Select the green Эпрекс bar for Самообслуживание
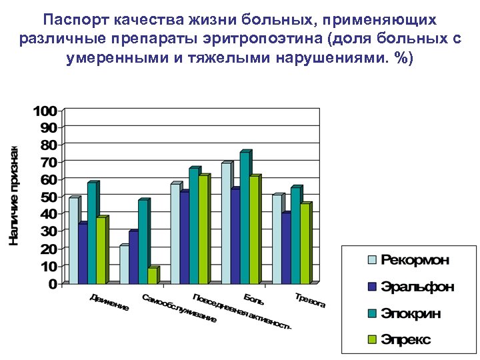pos(152,275)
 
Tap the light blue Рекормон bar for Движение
pos(73,241)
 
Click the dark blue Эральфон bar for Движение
pos(83,253)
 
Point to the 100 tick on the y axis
pos(45,110)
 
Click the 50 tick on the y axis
pos(49,197)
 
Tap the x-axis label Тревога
pos(310,300)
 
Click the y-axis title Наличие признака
pos(13,195)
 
